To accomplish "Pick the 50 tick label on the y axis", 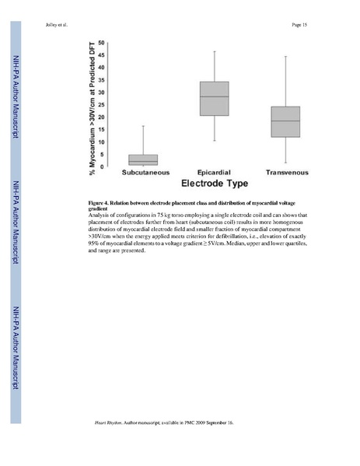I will point(102,42).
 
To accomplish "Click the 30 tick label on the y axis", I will point(102,92).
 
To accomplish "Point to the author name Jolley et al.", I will point(57,25).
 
